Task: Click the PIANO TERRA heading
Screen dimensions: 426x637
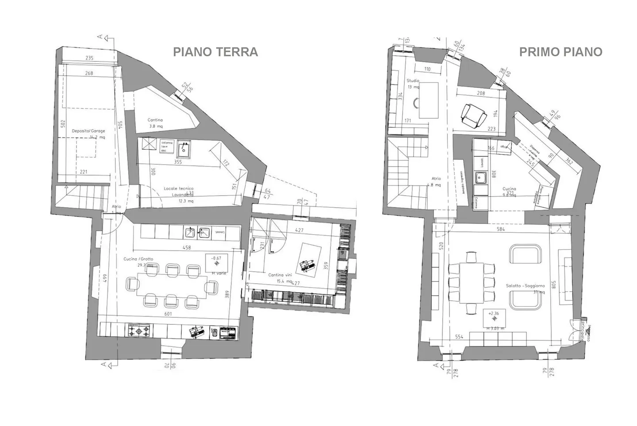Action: pos(215,52)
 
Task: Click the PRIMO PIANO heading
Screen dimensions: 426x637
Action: pos(560,52)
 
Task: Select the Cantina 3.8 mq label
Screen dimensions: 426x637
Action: pos(155,123)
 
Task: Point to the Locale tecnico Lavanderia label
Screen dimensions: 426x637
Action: pos(179,191)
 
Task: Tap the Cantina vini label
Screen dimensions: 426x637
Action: pos(280,275)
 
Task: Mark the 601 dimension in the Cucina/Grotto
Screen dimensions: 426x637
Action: pos(168,314)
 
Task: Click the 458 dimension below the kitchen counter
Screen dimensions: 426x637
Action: pos(187,248)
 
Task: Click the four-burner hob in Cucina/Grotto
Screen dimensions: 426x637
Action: pos(139,331)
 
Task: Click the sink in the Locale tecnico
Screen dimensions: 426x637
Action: pos(183,149)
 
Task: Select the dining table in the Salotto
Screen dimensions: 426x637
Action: pos(471,282)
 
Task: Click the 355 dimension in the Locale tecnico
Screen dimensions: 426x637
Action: pos(178,162)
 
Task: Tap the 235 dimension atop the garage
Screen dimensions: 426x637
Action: pos(89,58)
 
